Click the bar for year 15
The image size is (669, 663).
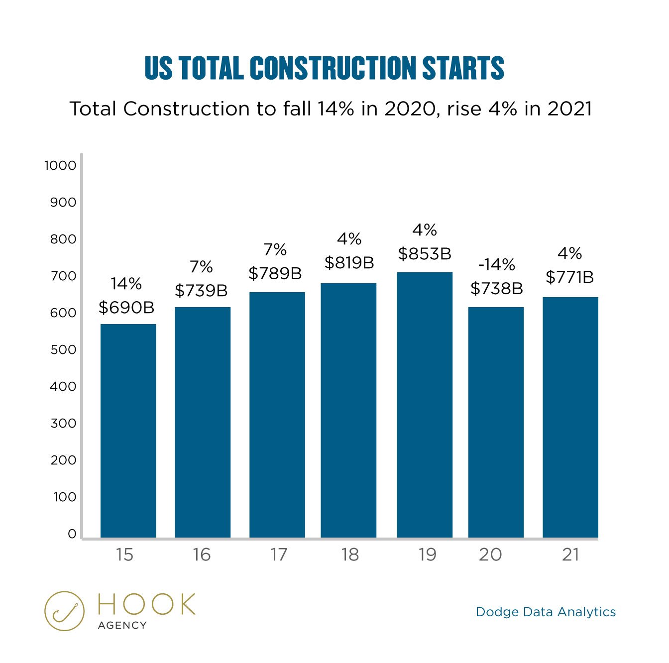click(128, 431)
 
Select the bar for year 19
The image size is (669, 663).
click(425, 405)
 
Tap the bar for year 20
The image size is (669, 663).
click(496, 422)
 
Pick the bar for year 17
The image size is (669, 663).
click(277, 415)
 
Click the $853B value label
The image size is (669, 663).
click(425, 254)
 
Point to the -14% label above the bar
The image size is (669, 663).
click(496, 264)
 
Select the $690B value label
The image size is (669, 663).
click(126, 308)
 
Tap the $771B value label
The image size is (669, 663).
click(569, 277)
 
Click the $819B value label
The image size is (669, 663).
click(349, 263)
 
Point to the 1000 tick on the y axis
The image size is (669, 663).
click(60, 165)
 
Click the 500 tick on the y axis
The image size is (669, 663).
click(63, 349)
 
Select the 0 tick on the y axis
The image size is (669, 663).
click(72, 534)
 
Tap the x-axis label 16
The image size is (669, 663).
click(202, 554)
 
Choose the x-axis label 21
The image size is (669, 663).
click(570, 554)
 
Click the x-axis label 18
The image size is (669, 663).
click(350, 554)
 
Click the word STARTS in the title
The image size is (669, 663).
click(463, 68)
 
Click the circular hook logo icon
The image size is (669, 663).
click(64, 611)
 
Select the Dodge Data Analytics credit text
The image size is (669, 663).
click(546, 612)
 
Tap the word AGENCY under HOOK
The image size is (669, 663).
click(122, 625)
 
